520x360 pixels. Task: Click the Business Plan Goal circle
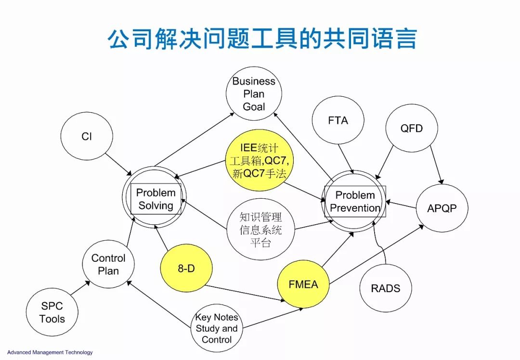point(254,94)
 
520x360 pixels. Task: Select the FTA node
point(338,120)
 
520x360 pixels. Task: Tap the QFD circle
point(412,129)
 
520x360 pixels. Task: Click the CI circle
point(87,136)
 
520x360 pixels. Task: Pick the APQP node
point(442,208)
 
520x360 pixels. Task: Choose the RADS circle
point(386,288)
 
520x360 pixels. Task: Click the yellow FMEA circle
point(303,284)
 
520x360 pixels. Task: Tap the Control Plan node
point(108,265)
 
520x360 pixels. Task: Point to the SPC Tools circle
point(52,312)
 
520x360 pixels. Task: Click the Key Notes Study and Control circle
point(217,328)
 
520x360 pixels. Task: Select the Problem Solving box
point(156,199)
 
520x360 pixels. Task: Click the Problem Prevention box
point(355,202)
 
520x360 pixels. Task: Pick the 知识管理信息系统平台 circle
point(260,230)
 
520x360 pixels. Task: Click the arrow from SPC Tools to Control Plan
point(80,288)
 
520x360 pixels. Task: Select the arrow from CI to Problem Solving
point(118,164)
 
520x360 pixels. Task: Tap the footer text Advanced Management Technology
point(50,352)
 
